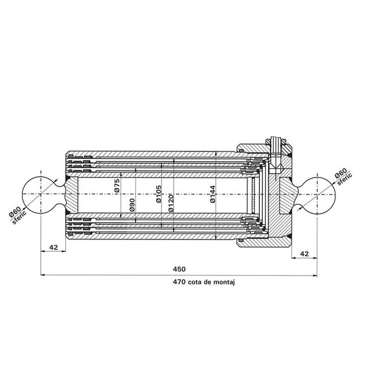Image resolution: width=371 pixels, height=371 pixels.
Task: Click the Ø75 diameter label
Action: (117, 185)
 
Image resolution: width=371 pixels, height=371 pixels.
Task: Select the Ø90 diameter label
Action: (132, 205)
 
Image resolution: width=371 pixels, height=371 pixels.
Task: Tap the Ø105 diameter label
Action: (159, 194)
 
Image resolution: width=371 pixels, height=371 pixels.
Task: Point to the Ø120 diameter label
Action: (171, 203)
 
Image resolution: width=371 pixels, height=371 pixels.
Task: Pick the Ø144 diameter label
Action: (213, 194)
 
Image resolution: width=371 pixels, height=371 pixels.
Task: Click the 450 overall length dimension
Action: (179, 269)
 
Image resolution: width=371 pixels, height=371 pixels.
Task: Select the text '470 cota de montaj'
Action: (204, 282)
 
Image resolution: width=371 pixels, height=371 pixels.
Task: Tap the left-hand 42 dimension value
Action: (54, 248)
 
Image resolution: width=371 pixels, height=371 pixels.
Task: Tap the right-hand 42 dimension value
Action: (304, 254)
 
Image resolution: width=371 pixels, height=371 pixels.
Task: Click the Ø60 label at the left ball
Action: (15, 212)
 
